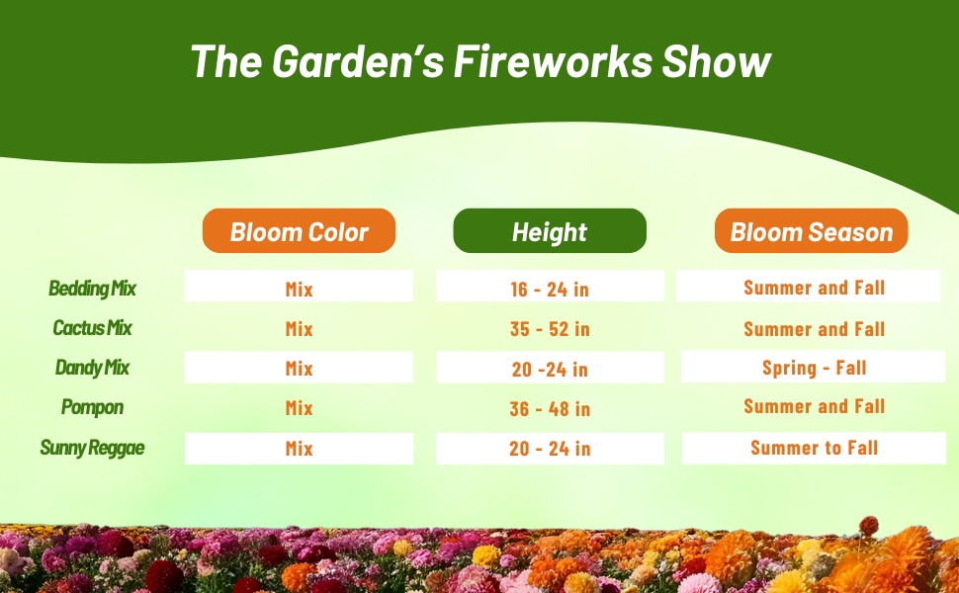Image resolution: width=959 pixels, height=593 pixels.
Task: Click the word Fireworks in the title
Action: [x=553, y=61]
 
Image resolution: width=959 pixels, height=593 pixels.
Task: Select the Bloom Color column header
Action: [x=300, y=230]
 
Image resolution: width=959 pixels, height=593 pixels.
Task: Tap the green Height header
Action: [x=550, y=230]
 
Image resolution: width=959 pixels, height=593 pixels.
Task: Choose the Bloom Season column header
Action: [x=811, y=230]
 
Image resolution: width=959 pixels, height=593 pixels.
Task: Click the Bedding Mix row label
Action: [x=92, y=288]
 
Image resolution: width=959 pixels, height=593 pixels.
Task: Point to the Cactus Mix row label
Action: [x=92, y=328]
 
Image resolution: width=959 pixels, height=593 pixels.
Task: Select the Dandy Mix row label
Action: [x=92, y=368]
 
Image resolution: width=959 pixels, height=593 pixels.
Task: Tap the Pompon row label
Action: [x=92, y=407]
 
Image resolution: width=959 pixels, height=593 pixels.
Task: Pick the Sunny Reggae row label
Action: [x=92, y=448]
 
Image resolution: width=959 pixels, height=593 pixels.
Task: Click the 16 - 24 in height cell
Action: [x=550, y=286]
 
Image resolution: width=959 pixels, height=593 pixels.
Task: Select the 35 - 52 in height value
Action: [x=550, y=329]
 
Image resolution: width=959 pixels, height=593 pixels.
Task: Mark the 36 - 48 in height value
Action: [x=550, y=408]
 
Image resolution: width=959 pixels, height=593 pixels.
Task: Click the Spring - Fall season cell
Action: [x=813, y=367]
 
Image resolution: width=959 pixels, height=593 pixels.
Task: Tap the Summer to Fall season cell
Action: [x=814, y=448]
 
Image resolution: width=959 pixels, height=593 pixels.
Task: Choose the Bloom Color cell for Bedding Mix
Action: [x=300, y=286]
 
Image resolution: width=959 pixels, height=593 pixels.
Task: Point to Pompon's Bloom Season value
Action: [x=814, y=406]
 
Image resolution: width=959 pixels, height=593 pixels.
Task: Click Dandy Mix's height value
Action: [x=550, y=368]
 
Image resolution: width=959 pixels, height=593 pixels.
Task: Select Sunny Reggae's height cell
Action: [x=550, y=449]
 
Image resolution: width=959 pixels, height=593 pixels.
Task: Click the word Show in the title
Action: [x=716, y=61]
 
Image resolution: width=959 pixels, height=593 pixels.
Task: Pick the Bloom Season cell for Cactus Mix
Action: [x=814, y=329]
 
